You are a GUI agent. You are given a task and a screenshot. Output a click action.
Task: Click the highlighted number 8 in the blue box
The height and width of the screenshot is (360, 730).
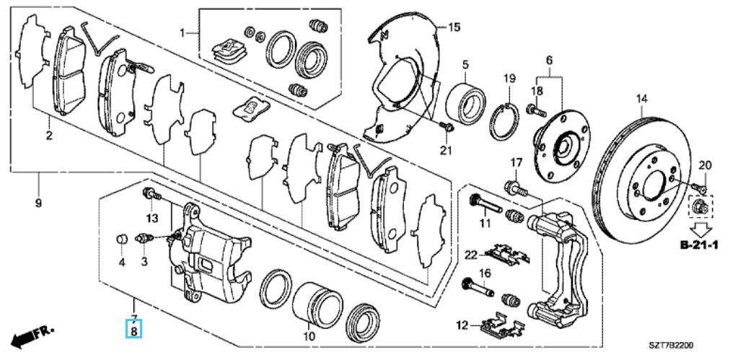click(134, 332)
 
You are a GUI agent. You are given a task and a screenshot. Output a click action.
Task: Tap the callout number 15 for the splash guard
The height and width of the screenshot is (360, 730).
click(454, 27)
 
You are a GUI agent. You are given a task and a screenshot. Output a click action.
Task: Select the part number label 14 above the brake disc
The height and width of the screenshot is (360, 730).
click(642, 98)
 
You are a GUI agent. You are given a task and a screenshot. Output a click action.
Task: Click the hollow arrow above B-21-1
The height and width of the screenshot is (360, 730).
click(700, 228)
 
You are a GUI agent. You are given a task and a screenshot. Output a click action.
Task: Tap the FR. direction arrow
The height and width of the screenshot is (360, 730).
click(32, 335)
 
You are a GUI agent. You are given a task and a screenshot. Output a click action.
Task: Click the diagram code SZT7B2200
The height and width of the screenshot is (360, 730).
click(672, 345)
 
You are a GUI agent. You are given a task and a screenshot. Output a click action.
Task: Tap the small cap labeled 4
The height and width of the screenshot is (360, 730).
click(121, 240)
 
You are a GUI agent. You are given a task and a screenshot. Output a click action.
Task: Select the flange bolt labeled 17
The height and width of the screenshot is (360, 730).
click(515, 189)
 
